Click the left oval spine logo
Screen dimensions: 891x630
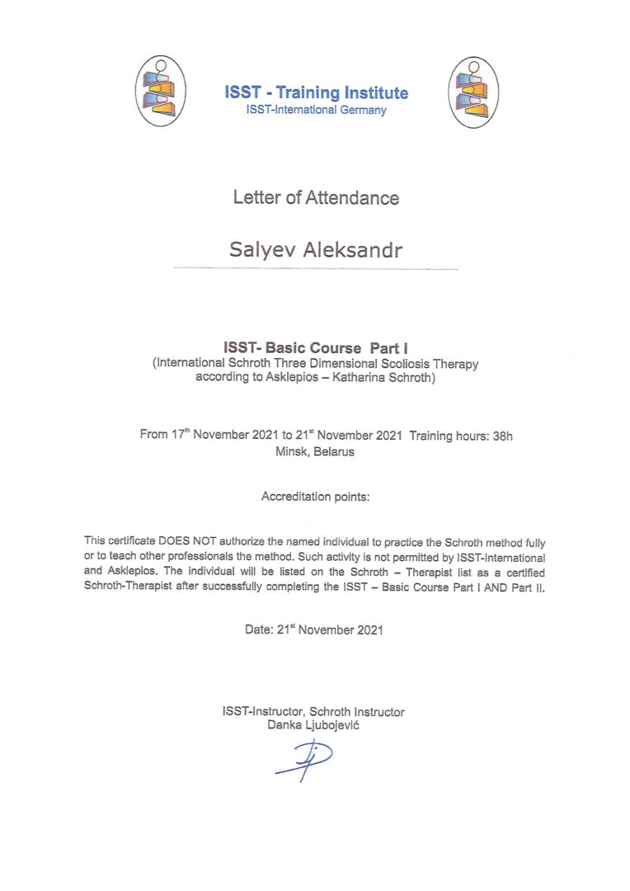[161, 92]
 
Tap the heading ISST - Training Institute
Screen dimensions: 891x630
[316, 92]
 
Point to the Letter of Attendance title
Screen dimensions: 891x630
[316, 198]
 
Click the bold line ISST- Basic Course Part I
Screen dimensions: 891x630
[316, 348]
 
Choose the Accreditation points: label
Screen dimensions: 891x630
[316, 497]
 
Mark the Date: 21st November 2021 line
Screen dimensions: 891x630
[314, 629]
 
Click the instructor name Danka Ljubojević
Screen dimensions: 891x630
[313, 724]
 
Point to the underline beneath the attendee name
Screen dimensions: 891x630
[316, 269]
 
